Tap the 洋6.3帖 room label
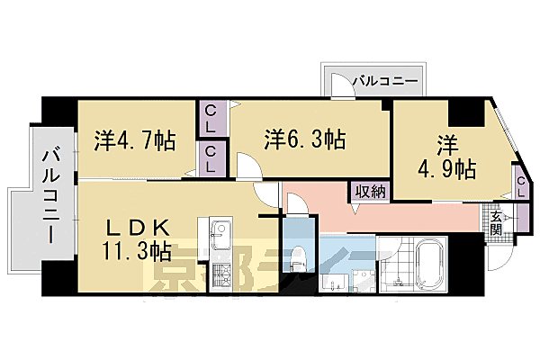pyautogui.click(x=304, y=139)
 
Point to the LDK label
pyautogui.click(x=138, y=225)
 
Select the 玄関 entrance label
pyautogui.click(x=496, y=220)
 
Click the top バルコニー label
pyautogui.click(x=384, y=81)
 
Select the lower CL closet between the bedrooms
pyautogui.click(x=210, y=159)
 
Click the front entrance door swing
pyautogui.click(x=500, y=256)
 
